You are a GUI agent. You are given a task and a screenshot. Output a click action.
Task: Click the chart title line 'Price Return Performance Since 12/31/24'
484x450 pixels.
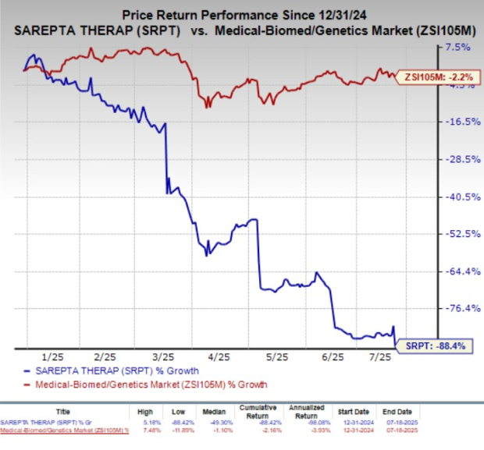241,14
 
